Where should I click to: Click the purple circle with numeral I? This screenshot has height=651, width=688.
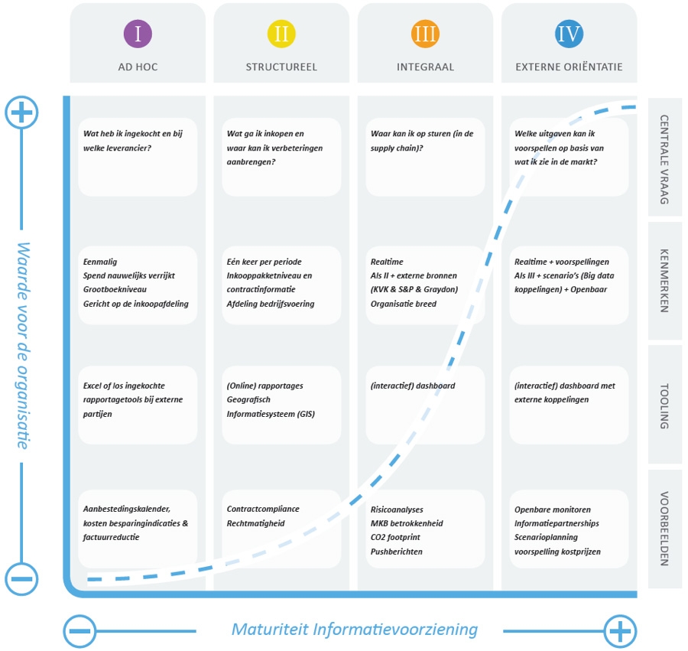(138, 34)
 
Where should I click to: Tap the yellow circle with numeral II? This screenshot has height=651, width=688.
(281, 34)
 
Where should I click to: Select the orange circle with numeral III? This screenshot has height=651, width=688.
(425, 34)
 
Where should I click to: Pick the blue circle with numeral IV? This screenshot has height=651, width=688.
(569, 34)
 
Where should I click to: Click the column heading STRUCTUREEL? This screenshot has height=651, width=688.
(281, 67)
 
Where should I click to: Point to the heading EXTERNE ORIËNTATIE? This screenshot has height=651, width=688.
(569, 67)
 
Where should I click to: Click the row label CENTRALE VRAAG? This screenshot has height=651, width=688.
(664, 159)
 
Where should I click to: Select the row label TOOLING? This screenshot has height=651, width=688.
(664, 405)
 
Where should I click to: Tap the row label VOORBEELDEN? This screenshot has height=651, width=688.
(664, 529)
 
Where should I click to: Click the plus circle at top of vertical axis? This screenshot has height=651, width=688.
(21, 112)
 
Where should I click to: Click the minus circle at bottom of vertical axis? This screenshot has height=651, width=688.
(21, 579)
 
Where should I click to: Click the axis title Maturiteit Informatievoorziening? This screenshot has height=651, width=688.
(354, 630)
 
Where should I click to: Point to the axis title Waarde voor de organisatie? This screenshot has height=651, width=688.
(22, 345)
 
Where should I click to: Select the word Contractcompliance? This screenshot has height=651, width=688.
(263, 509)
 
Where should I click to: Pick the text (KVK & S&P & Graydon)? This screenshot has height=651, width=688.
(414, 289)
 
